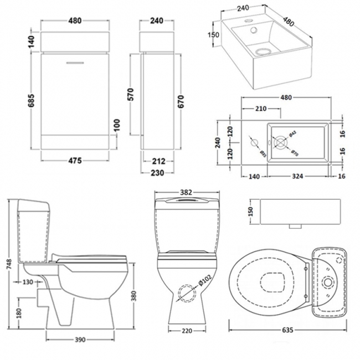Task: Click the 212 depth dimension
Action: pyautogui.click(x=157, y=162)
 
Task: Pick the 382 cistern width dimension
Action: pyautogui.click(x=186, y=192)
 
